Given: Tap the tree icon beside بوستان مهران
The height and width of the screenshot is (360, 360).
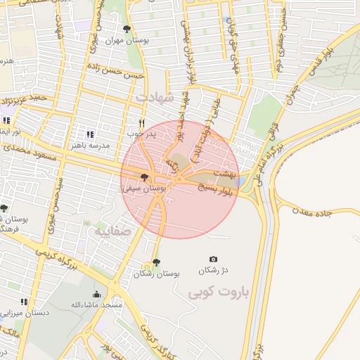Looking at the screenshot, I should [127, 30].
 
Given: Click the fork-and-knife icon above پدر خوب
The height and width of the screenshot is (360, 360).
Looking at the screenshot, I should [141, 122].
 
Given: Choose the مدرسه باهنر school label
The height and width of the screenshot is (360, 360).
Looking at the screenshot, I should [89, 144].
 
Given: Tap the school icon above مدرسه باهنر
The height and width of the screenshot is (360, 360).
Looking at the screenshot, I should [89, 134].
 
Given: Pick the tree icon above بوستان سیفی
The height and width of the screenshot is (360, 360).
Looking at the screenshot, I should [144, 177].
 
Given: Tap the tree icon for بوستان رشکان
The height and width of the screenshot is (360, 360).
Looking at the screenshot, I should [155, 263].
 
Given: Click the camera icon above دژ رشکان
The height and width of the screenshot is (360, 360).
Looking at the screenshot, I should [214, 259].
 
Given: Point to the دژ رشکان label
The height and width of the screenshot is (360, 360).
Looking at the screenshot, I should [214, 270].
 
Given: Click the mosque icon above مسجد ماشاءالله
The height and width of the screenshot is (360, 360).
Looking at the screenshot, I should [96, 294].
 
